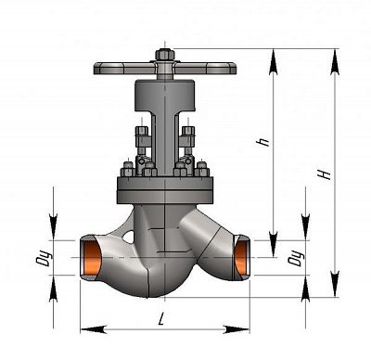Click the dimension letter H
coord(325,175)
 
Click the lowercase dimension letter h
coord(263,142)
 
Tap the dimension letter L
coord(160,319)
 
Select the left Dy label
coord(44,258)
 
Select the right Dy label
coord(296,258)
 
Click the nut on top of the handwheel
coord(165,55)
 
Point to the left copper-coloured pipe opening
coord(93,259)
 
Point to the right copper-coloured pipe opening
coord(241,259)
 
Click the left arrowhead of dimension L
coord(94,329)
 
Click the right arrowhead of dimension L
coord(237,329)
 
